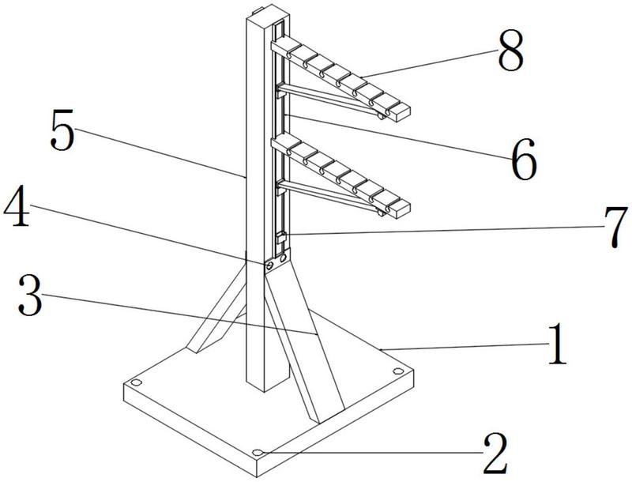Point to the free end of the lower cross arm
click(401, 207)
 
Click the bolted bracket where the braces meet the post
click(273, 261)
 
